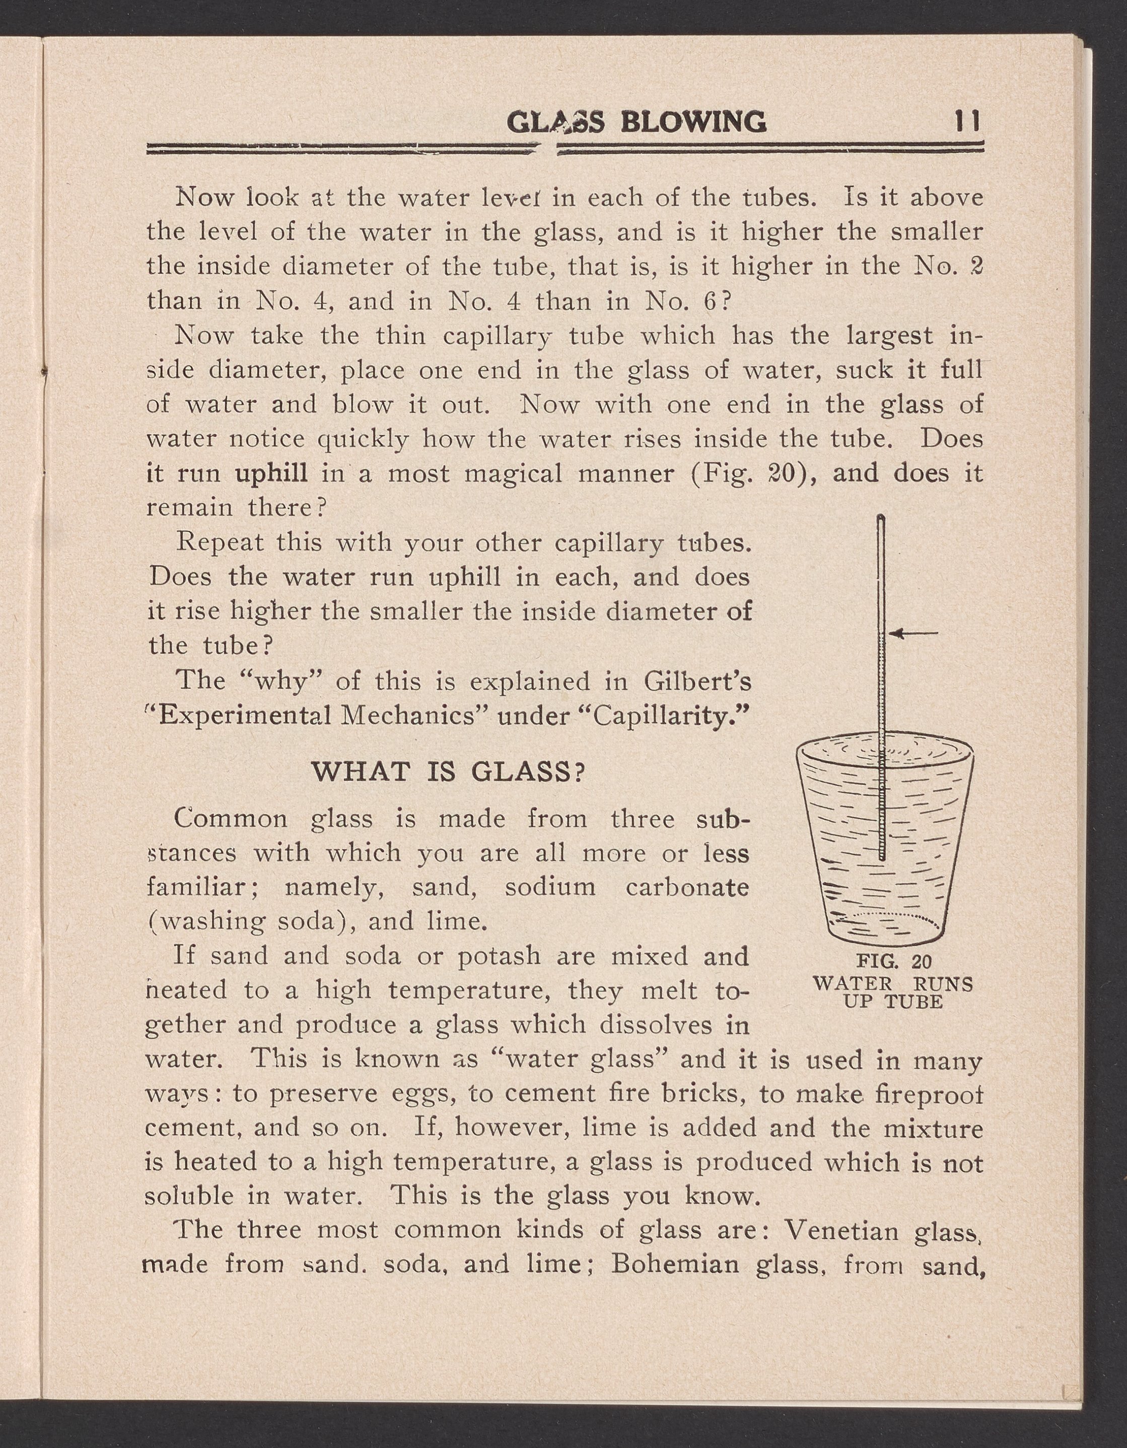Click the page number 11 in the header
(967, 122)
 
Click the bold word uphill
(271, 474)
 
